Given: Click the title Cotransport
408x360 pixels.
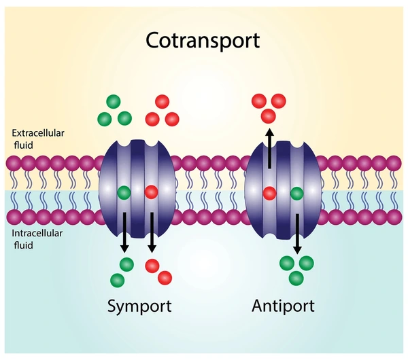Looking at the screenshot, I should click(x=203, y=40).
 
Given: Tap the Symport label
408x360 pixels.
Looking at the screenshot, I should click(x=139, y=306).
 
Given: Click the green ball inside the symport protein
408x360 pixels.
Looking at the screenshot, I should click(x=123, y=192).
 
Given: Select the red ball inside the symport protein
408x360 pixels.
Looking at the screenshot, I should click(x=151, y=192).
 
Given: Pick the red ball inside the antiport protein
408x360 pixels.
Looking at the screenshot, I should click(x=270, y=192).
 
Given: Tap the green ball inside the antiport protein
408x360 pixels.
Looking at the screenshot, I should click(x=297, y=194).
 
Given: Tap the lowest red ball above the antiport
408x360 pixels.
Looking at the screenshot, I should click(x=269, y=115).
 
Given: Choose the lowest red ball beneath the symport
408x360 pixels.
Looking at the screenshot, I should click(x=165, y=277).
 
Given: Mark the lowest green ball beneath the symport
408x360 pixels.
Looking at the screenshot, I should click(x=117, y=278).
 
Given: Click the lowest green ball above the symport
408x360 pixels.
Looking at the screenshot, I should click(x=124, y=118).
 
